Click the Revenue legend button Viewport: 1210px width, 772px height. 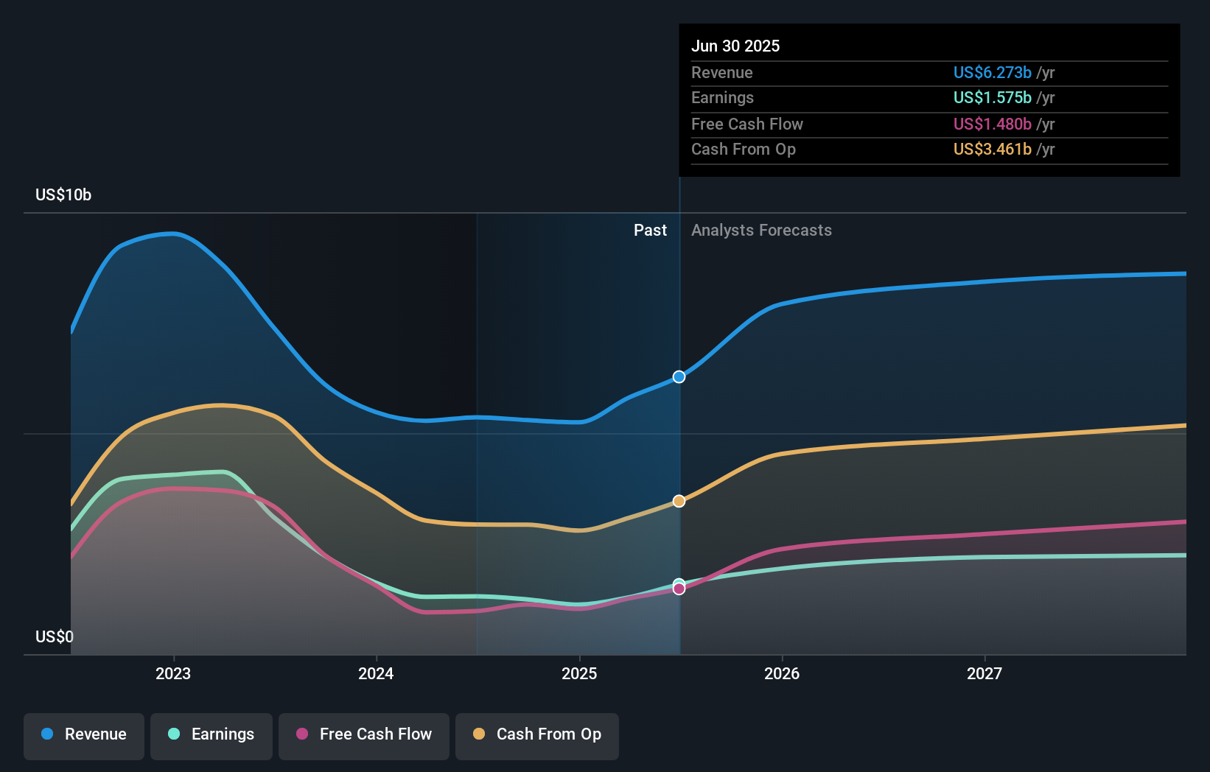[84, 734]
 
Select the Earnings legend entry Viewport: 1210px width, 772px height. [211, 734]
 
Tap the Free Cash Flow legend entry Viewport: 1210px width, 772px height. [364, 734]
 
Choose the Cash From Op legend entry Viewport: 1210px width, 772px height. [537, 734]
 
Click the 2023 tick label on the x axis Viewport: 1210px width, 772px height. [173, 673]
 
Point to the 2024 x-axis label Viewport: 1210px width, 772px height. [376, 673]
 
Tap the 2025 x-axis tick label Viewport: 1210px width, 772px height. [579, 673]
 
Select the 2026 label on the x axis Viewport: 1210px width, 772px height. [782, 673]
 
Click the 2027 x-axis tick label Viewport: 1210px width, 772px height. [985, 673]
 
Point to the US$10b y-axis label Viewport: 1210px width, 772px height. [63, 195]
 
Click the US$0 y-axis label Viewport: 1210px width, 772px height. [55, 636]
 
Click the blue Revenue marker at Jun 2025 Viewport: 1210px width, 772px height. [679, 377]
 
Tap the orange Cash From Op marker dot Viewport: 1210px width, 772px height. [679, 501]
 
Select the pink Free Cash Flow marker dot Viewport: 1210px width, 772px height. [679, 589]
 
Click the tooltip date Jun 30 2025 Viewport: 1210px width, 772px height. [735, 46]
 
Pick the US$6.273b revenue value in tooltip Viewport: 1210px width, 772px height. [992, 72]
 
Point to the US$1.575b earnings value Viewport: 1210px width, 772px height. [992, 98]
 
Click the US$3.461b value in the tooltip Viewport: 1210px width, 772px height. [992, 150]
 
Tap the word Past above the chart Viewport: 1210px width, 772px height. [650, 231]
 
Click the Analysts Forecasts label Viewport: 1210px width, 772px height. [761, 231]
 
